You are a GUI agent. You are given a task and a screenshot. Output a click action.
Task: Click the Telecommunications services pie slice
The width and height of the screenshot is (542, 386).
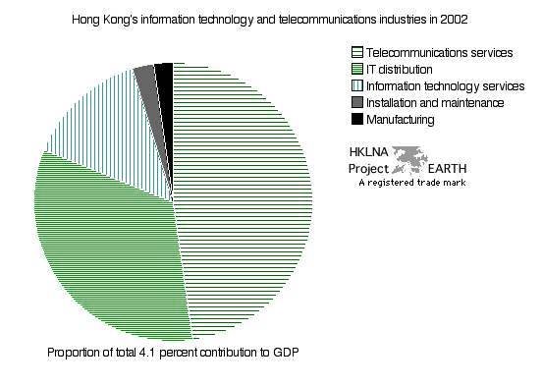coord(245,196)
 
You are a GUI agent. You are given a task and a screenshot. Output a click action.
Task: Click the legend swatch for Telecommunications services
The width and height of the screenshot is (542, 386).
coord(356,52)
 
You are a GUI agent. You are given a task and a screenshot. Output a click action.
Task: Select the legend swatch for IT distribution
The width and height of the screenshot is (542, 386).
coord(356,69)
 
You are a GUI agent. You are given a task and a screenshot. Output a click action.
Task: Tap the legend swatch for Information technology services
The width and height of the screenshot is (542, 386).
coord(356,85)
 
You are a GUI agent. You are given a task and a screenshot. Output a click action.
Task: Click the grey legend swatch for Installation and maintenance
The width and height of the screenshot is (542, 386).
coord(356,102)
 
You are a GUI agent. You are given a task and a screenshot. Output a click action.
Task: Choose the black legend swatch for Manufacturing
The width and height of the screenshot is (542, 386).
coord(356,119)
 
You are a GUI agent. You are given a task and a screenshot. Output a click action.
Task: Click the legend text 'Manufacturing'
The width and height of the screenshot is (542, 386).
coord(400,119)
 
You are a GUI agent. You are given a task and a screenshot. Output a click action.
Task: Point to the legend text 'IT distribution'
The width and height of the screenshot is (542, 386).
coord(399,69)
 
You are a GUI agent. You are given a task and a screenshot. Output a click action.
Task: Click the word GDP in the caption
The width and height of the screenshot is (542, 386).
coord(284,352)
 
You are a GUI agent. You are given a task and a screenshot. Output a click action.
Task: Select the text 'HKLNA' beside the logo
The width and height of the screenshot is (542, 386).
coord(369,153)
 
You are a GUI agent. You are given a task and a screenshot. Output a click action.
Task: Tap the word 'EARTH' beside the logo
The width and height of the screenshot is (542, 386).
coord(448,167)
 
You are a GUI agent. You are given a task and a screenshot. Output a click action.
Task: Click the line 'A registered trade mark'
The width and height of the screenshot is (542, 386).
coord(411,182)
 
